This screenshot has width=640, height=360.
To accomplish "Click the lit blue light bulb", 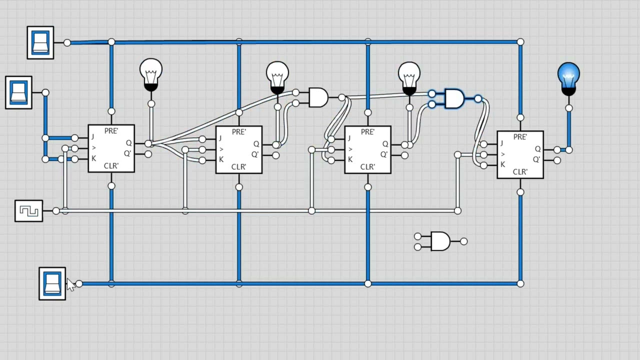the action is pyautogui.click(x=568, y=79).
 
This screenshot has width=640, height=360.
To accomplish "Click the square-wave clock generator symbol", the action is pyautogui.click(x=29, y=211).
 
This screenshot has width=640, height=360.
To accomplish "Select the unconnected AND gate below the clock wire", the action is pyautogui.click(x=440, y=241).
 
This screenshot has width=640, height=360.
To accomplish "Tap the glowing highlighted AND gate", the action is pyautogui.click(x=454, y=99).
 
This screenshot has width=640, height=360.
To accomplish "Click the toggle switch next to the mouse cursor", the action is pyautogui.click(x=52, y=283).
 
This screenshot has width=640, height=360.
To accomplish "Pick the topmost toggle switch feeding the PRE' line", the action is pyautogui.click(x=40, y=43).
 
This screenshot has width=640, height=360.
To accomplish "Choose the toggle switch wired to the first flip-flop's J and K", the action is pyautogui.click(x=18, y=92).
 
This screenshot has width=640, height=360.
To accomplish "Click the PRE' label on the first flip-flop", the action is pyautogui.click(x=111, y=131).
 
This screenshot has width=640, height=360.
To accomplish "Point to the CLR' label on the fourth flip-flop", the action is pyautogui.click(x=520, y=171).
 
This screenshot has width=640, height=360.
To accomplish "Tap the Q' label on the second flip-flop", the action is pyautogui.click(x=255, y=154).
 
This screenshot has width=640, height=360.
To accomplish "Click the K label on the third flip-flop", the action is pyautogui.click(x=350, y=159).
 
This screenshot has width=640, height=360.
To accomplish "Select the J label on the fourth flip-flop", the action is pyautogui.click(x=501, y=143).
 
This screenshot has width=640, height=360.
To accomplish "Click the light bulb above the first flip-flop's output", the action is pyautogui.click(x=151, y=75).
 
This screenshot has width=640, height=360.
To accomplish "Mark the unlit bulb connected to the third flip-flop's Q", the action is pyautogui.click(x=409, y=78).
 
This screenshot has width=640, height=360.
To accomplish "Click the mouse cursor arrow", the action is pyautogui.click(x=70, y=284).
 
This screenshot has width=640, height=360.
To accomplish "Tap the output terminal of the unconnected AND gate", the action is pyautogui.click(x=463, y=241).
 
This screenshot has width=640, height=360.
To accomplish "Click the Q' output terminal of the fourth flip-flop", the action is pyautogui.click(x=557, y=160).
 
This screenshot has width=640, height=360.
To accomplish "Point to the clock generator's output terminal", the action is pyautogui.click(x=56, y=211).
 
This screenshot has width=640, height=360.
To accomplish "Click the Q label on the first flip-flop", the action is pyautogui.click(x=128, y=143).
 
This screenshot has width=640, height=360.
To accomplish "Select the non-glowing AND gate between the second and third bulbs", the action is pyautogui.click(x=318, y=97).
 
